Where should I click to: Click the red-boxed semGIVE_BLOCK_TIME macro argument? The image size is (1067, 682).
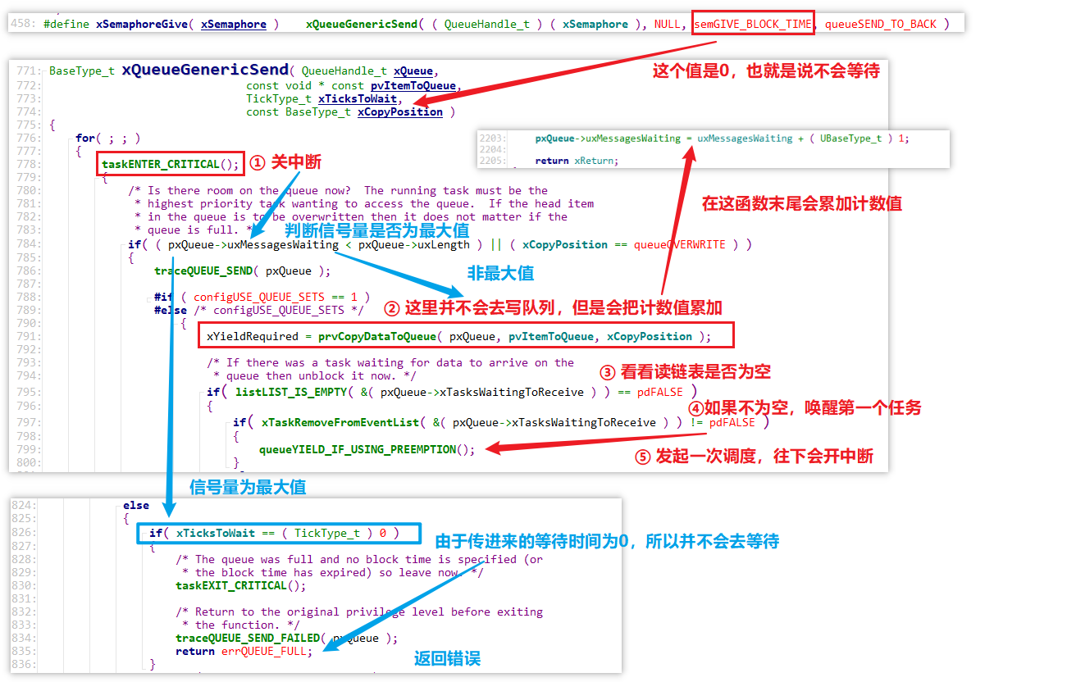click(x=753, y=24)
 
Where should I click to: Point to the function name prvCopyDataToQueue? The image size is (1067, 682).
click(x=376, y=336)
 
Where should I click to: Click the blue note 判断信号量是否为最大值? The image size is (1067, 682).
click(x=376, y=230)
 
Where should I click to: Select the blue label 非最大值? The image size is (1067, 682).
click(x=500, y=273)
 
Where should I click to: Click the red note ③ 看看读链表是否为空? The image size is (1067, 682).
click(x=686, y=371)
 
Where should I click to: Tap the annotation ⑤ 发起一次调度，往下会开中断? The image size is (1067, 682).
click(x=755, y=457)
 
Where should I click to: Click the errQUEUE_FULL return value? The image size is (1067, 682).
click(x=267, y=651)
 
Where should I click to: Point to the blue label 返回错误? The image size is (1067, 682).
click(x=447, y=658)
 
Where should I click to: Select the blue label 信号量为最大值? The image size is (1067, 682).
click(x=248, y=488)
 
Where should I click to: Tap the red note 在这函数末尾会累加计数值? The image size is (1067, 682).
click(x=801, y=204)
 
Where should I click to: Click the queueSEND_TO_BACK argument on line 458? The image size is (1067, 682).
click(x=880, y=24)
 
